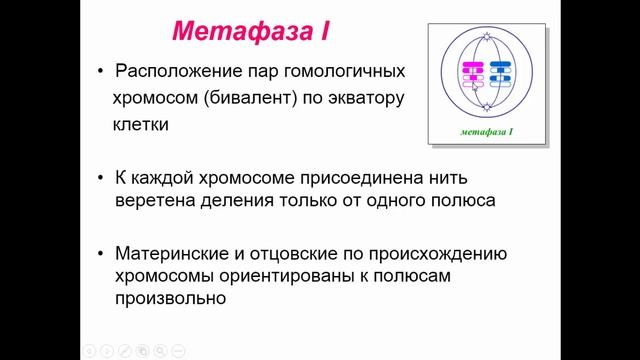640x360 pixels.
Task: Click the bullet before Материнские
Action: coord(103,249)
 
